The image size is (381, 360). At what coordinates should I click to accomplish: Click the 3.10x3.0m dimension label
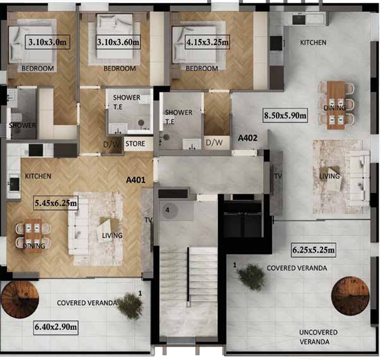[x=47, y=42]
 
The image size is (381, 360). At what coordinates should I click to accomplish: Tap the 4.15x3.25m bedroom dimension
[x=207, y=42]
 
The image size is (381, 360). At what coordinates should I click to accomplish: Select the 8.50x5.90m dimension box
[x=285, y=115]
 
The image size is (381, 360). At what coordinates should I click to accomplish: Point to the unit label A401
[x=136, y=180]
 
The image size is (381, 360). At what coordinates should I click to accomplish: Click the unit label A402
[x=247, y=138]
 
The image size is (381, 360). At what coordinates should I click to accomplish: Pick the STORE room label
[x=135, y=144]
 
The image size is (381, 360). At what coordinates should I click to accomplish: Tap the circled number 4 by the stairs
[x=168, y=210]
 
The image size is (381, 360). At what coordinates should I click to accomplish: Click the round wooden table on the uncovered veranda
[x=350, y=296]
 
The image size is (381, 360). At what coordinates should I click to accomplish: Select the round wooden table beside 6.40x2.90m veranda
[x=20, y=299]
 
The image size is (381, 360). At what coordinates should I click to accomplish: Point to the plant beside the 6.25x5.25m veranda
[x=252, y=277]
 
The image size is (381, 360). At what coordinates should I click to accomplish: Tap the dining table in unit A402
[x=336, y=105]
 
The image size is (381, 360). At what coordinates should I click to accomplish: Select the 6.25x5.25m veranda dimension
[x=313, y=250]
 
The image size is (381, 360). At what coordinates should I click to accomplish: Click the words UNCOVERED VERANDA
[x=318, y=337]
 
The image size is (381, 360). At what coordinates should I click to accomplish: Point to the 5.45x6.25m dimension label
[x=55, y=203]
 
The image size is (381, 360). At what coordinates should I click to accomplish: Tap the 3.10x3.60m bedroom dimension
[x=118, y=42]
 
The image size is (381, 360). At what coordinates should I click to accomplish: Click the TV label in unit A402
[x=278, y=176]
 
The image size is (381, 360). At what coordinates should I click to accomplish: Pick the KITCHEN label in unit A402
[x=313, y=43]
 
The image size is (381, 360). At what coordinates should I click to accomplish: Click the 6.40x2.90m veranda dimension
[x=55, y=327]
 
